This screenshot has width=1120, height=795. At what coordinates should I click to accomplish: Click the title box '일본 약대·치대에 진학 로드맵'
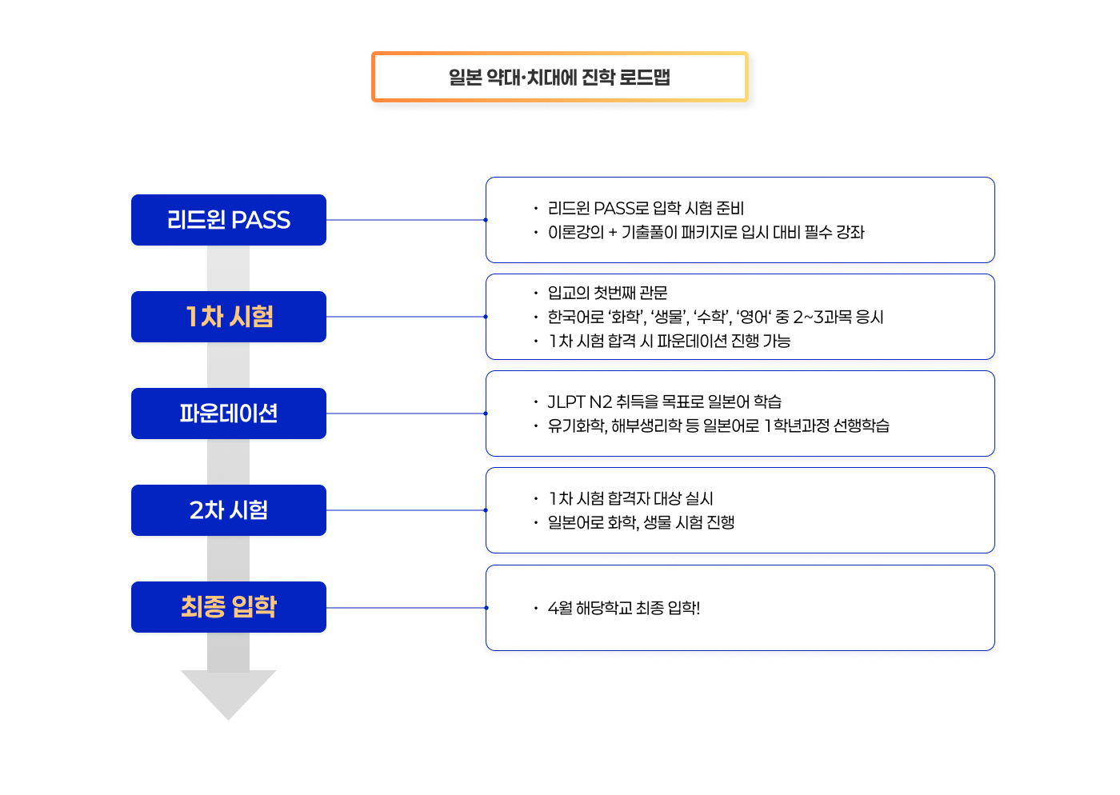[559, 77]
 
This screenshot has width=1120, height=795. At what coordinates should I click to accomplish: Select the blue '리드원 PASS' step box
[229, 220]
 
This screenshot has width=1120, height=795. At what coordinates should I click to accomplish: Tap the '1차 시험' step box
[229, 317]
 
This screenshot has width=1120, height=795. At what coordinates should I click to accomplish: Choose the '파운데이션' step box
[229, 413]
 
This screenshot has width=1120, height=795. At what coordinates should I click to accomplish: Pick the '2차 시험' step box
[229, 510]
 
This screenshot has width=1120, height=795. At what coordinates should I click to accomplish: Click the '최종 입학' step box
[229, 607]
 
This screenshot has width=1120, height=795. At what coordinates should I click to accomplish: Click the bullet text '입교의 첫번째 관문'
[607, 293]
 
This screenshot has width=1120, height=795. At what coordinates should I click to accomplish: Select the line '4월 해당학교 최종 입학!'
[623, 608]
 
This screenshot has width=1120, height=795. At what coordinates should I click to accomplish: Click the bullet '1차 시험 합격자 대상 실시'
[630, 498]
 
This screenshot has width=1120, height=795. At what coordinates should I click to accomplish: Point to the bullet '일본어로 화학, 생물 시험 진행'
[641, 522]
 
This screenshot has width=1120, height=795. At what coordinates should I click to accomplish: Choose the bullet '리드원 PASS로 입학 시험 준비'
[646, 208]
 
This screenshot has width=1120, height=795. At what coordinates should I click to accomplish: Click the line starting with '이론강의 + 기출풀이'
[706, 232]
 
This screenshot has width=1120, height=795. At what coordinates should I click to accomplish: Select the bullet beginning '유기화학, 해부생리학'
[718, 425]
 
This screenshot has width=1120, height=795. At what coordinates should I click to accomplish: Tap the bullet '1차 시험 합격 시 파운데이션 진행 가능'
[669, 341]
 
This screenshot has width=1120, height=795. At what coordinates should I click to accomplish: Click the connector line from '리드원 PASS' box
[406, 220]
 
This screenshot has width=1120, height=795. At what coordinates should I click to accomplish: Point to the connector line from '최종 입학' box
[406, 608]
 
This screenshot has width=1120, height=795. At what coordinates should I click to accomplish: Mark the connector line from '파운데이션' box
[406, 413]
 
